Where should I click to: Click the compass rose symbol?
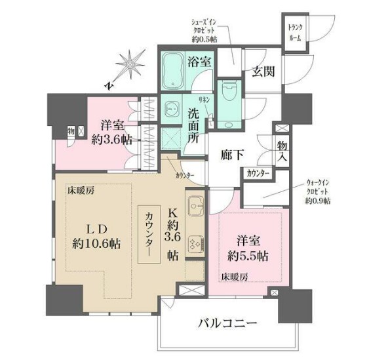coord(132,64)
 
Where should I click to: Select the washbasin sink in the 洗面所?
coord(174,108)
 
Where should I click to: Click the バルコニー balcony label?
coord(227,323)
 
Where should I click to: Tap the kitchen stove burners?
coord(195,244)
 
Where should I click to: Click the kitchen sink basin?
coord(195,209)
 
